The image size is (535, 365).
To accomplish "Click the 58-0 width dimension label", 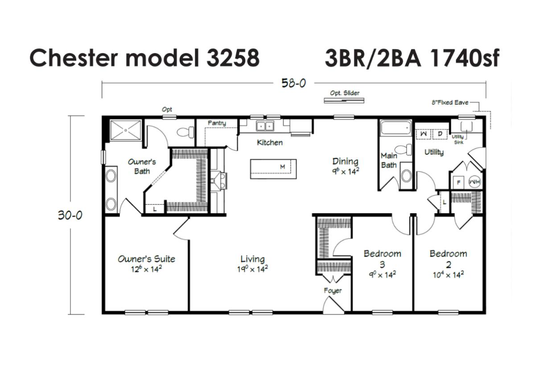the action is [293, 83].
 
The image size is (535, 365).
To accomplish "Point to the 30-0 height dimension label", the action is [70, 215].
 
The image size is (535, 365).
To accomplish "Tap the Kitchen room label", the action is [270, 142].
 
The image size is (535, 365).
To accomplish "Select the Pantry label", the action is [217, 123].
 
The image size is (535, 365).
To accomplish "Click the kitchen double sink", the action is [265, 126].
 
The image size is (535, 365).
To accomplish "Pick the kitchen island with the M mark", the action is [273, 169].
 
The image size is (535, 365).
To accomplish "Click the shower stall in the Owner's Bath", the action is [126, 130].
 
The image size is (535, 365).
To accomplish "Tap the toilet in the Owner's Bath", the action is [185, 132].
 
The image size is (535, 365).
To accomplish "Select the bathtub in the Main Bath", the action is [395, 128].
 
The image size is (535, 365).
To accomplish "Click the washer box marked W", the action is [423, 134].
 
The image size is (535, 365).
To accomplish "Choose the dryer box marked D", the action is [440, 134].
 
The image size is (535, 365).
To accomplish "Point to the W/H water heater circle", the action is [474, 182].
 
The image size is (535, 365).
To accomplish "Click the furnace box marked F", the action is [458, 182].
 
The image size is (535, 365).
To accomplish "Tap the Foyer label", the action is [333, 290].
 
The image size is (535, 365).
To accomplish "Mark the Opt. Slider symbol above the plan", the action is [344, 101].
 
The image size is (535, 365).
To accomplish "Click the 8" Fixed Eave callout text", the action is [450, 103].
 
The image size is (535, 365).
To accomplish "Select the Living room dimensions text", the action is [252, 270].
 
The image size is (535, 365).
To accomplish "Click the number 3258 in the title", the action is [233, 58].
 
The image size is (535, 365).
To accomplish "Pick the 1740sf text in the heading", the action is [464, 58].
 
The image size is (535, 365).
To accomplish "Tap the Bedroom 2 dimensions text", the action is [449, 275].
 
